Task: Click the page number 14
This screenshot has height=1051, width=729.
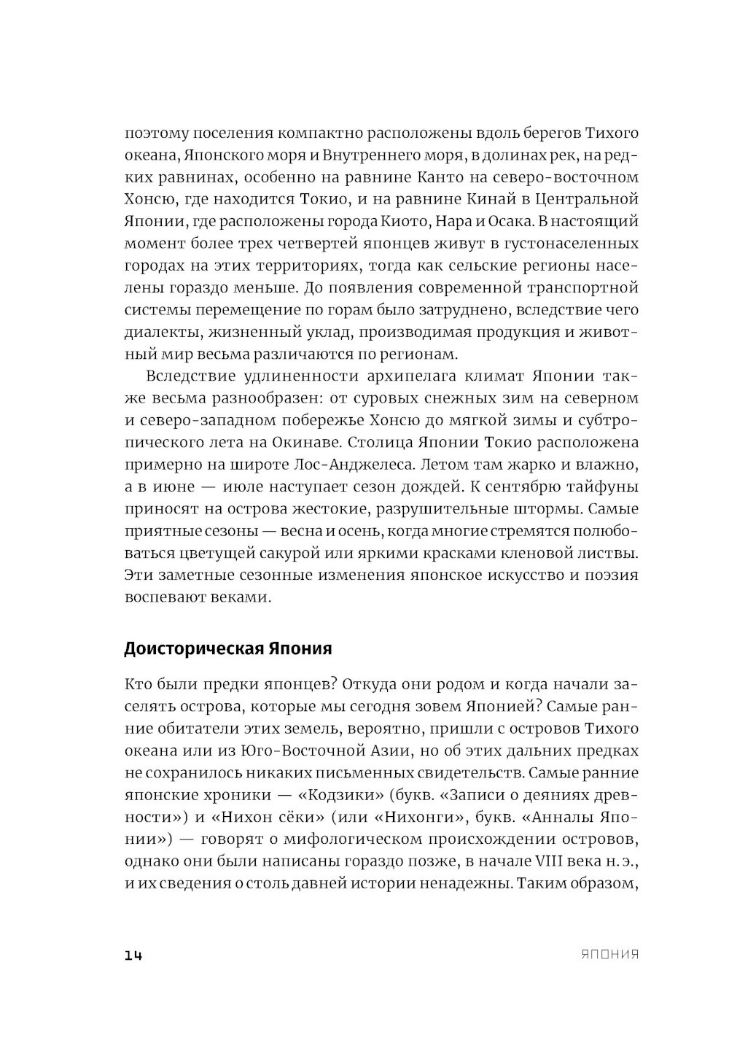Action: pyautogui.click(x=133, y=955)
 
